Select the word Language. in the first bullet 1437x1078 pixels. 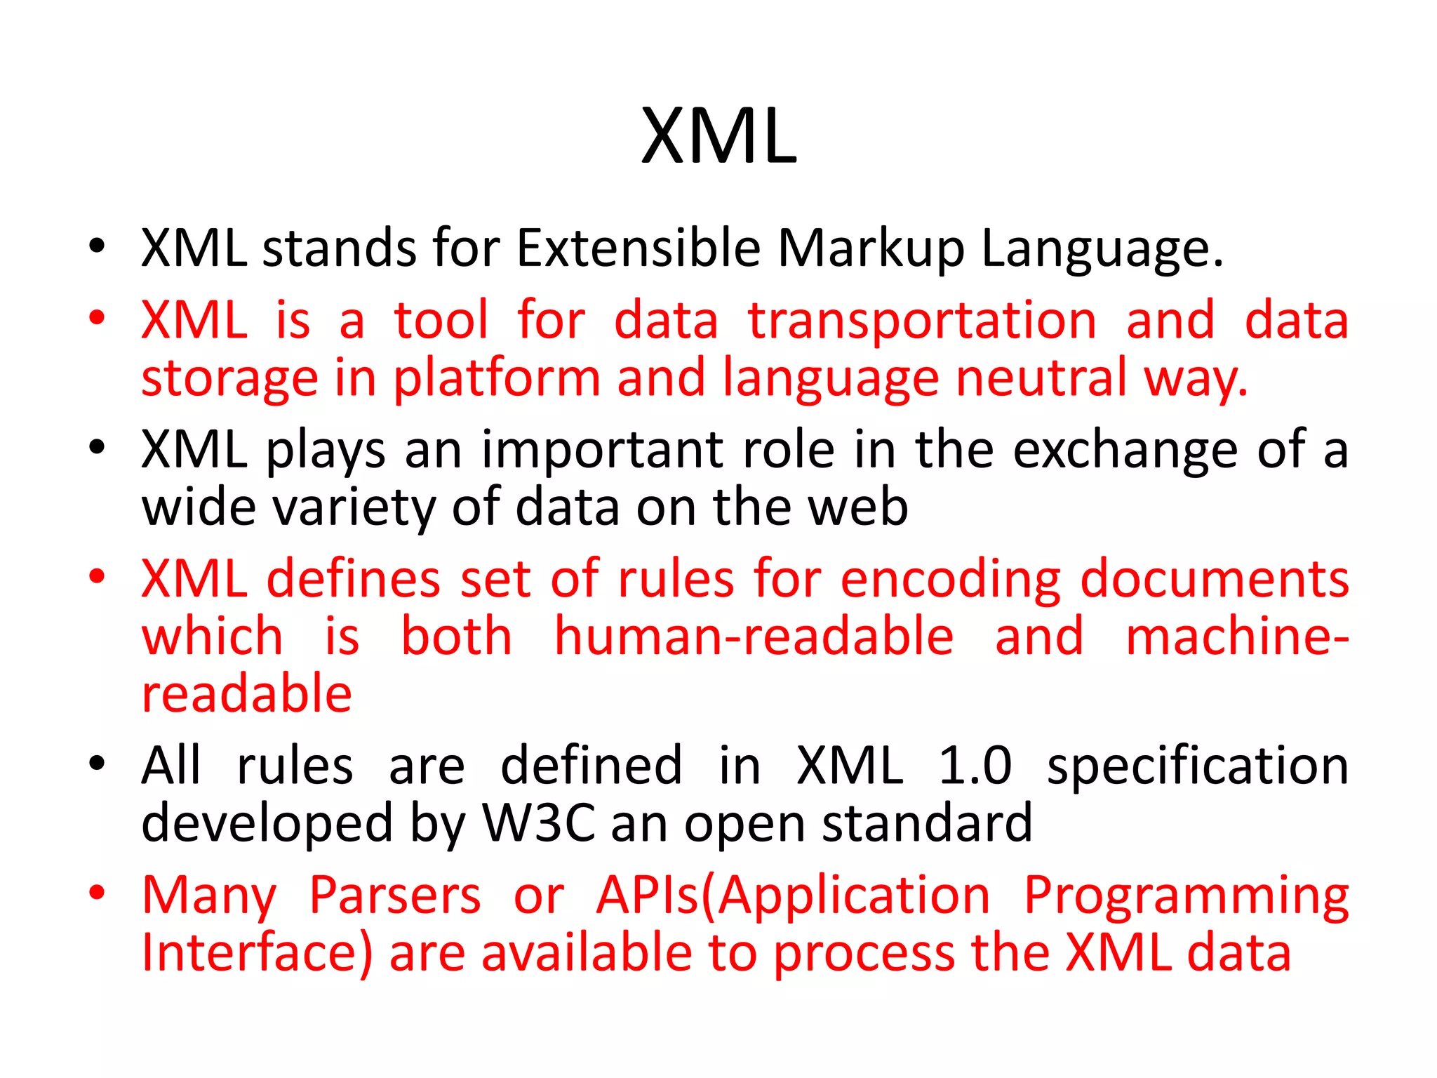point(1102,250)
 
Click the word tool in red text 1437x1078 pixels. point(441,320)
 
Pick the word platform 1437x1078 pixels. point(496,380)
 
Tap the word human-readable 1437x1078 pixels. point(754,637)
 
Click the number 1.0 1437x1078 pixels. point(975,766)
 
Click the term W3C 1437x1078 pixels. point(539,823)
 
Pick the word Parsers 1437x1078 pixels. point(395,896)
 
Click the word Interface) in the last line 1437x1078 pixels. point(257,954)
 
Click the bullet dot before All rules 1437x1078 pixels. point(97,763)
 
